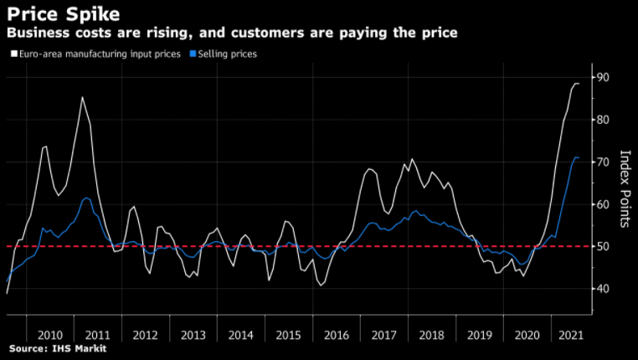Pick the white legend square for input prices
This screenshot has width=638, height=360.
point(12,54)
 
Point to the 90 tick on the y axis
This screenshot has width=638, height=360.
point(602,78)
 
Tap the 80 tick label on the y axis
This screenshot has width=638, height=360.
point(602,120)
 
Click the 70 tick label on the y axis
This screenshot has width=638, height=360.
point(602,162)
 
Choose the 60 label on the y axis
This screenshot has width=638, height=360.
point(602,204)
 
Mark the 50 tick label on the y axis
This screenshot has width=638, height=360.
point(602,246)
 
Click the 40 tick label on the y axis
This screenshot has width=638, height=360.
point(602,289)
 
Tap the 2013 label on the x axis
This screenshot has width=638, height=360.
point(192,334)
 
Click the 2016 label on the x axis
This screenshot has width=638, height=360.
point(335,334)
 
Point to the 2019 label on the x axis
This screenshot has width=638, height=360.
point(479,334)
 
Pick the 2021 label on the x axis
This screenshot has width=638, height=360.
point(570,334)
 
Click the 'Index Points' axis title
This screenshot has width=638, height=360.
point(625,189)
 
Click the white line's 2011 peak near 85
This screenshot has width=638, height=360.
point(82,97)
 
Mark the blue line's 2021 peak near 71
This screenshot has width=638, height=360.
point(575,157)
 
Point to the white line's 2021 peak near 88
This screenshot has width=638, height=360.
point(577,83)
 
